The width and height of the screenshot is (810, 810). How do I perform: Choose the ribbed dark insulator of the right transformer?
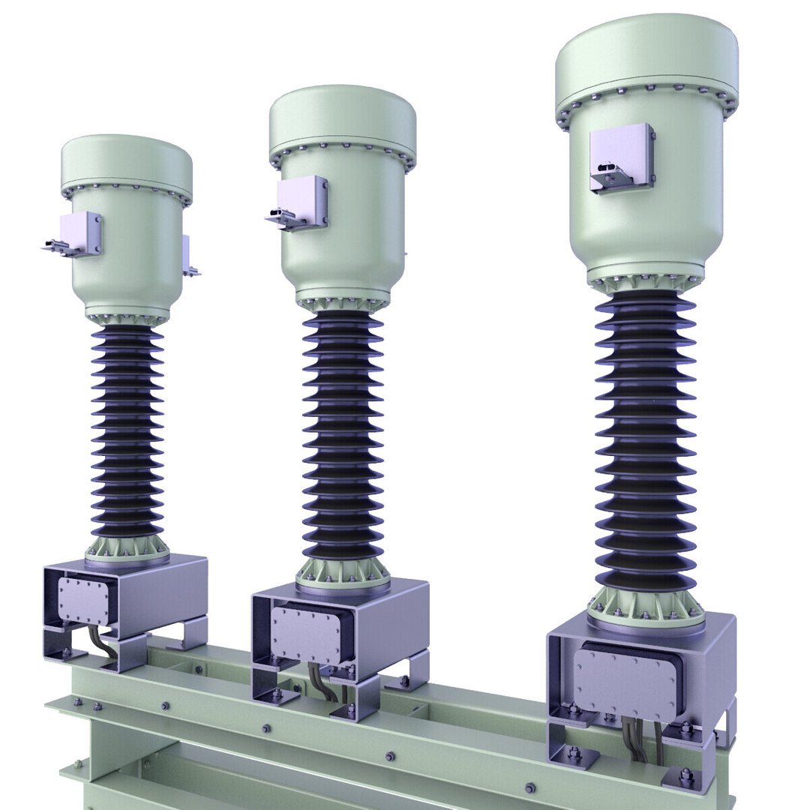coord(646,442)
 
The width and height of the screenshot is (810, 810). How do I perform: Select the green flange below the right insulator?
coord(646,607)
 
